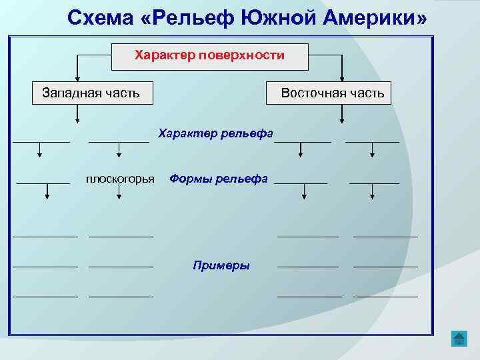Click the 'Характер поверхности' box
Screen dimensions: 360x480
209,57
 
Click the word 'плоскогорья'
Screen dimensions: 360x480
120,179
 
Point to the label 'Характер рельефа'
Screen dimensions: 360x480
215,134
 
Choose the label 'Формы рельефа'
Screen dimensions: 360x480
219,179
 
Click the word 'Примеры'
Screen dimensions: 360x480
221,265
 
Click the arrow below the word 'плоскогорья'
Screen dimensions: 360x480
119,193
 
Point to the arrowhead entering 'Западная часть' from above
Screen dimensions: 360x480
78,78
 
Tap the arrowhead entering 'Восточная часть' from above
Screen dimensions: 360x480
342,78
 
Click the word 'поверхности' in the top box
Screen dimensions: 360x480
247,55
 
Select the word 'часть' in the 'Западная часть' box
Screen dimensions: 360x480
122,93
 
